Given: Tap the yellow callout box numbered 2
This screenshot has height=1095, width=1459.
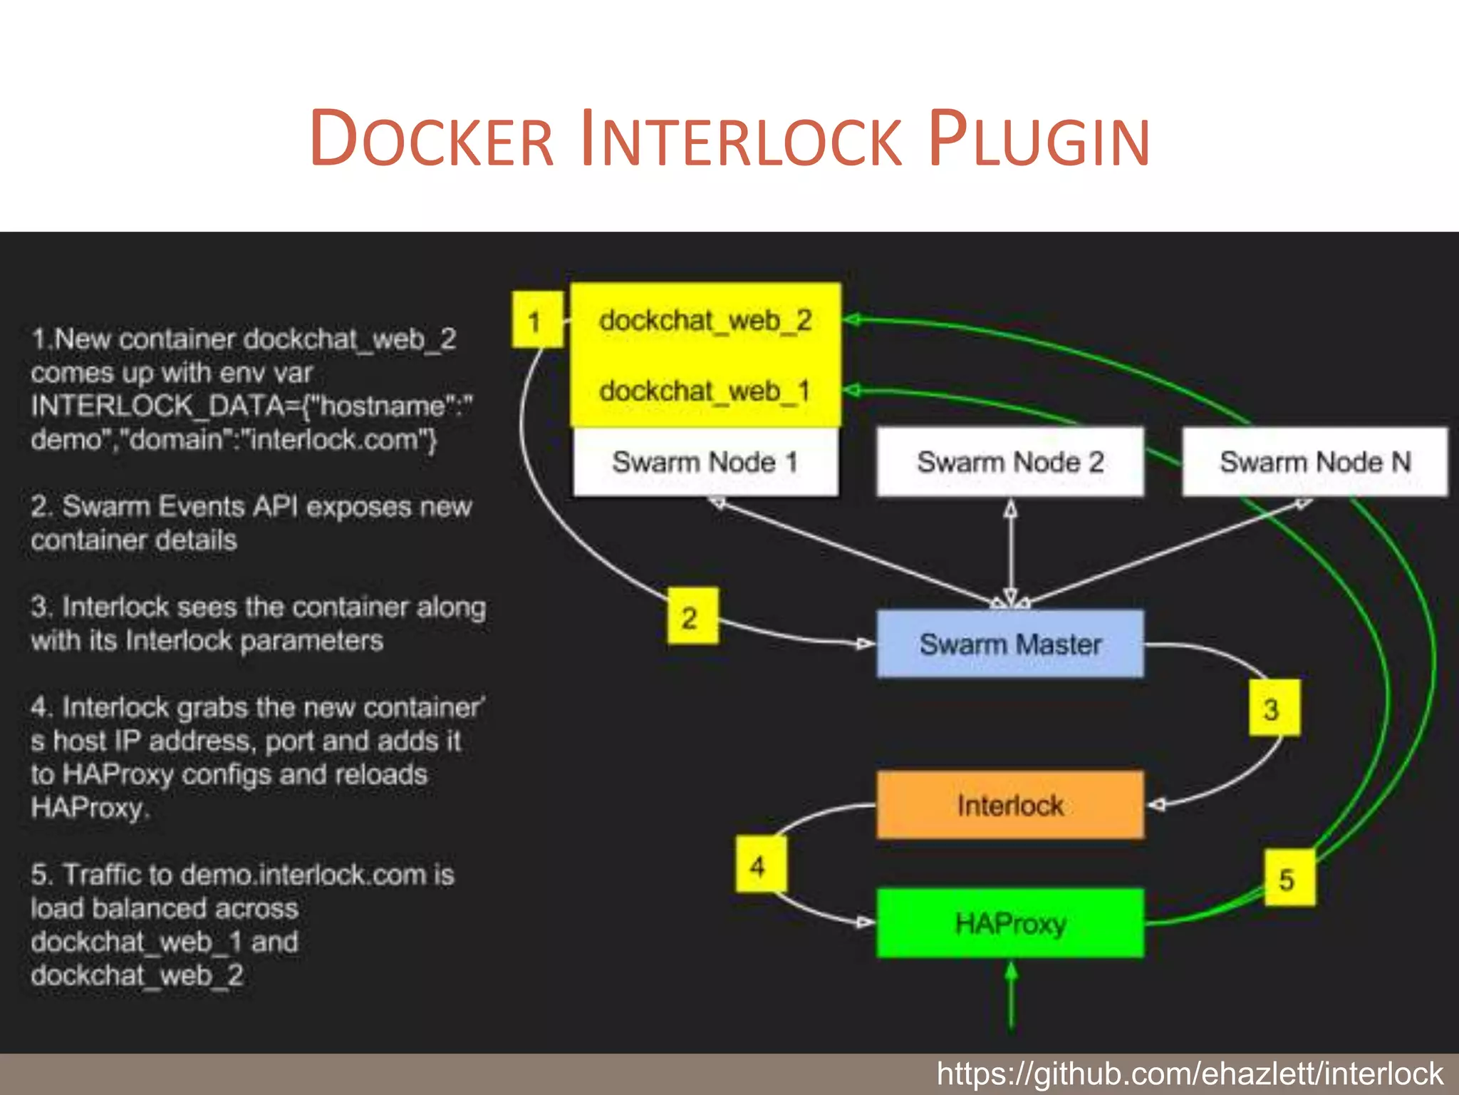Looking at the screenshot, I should (x=692, y=617).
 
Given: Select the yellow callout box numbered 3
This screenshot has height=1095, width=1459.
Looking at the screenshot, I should (x=1274, y=708).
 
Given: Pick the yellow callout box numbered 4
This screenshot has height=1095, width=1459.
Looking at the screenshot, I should (x=760, y=865).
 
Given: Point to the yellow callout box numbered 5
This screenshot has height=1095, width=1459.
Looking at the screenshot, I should (x=1289, y=878).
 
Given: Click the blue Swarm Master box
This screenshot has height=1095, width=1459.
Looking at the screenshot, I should (x=1009, y=644).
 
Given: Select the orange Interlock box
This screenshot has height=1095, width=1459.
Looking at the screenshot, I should (x=1009, y=805).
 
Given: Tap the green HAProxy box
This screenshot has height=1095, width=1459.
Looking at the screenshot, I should (x=1009, y=922).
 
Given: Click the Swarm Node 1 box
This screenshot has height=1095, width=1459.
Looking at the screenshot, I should (x=705, y=462).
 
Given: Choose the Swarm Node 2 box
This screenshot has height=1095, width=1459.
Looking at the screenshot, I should (x=1009, y=462).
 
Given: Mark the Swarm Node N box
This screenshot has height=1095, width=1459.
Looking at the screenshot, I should (x=1314, y=462).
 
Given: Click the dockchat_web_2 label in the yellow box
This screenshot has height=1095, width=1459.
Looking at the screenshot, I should (x=705, y=321).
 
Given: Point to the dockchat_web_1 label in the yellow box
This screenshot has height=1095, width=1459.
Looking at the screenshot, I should (x=705, y=391).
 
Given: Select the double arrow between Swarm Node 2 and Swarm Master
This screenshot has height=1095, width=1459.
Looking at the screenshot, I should (x=1010, y=552).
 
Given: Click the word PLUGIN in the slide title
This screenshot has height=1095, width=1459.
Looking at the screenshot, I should (x=1039, y=139).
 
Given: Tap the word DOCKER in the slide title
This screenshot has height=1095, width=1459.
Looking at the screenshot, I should (x=432, y=139).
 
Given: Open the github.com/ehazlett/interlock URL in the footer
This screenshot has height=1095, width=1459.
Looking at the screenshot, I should (x=1189, y=1074).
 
